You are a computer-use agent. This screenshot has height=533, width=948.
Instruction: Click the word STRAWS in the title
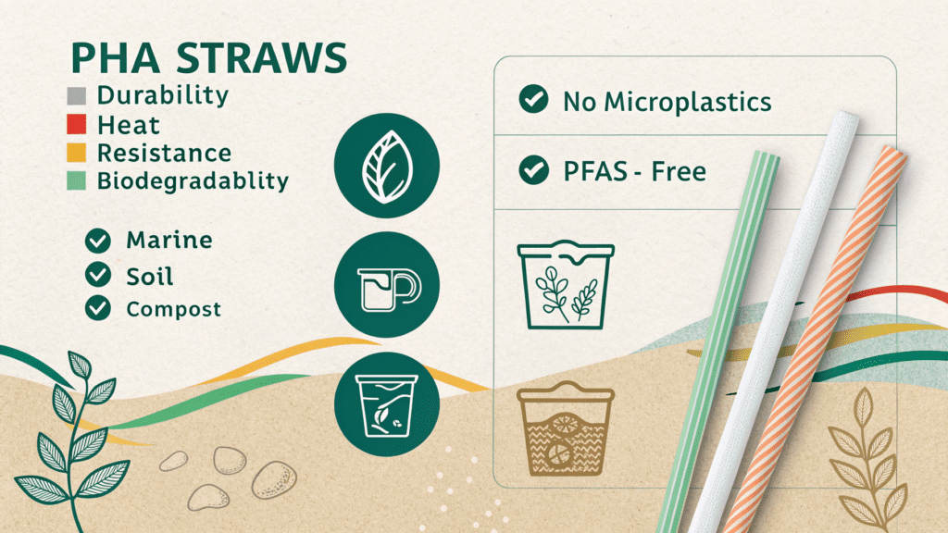261,58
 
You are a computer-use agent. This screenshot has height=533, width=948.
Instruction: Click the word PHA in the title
116,58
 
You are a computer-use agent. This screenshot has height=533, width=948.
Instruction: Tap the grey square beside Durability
76,96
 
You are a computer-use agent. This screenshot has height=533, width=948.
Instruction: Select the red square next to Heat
76,124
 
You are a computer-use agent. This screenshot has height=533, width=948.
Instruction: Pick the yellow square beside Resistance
76,153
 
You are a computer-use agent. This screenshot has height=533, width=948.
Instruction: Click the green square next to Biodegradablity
76,180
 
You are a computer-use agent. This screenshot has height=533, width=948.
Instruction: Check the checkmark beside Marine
98,241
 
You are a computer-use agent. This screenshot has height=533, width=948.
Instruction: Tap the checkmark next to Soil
98,274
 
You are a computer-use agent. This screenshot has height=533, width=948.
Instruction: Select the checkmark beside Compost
98,307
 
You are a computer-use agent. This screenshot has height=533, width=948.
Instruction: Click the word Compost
173,309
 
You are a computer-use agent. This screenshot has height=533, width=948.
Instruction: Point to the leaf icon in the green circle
387,167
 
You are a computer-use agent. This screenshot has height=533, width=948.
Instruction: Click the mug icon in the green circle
389,290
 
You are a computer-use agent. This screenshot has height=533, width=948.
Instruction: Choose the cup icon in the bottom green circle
387,405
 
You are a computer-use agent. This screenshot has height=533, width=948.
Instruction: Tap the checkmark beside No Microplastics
533,99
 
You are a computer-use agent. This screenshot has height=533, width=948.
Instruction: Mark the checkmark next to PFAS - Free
533,170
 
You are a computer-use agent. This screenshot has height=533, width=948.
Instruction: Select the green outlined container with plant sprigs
566,285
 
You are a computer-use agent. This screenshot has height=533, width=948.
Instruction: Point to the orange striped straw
817,339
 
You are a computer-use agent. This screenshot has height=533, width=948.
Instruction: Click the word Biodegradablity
193,181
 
